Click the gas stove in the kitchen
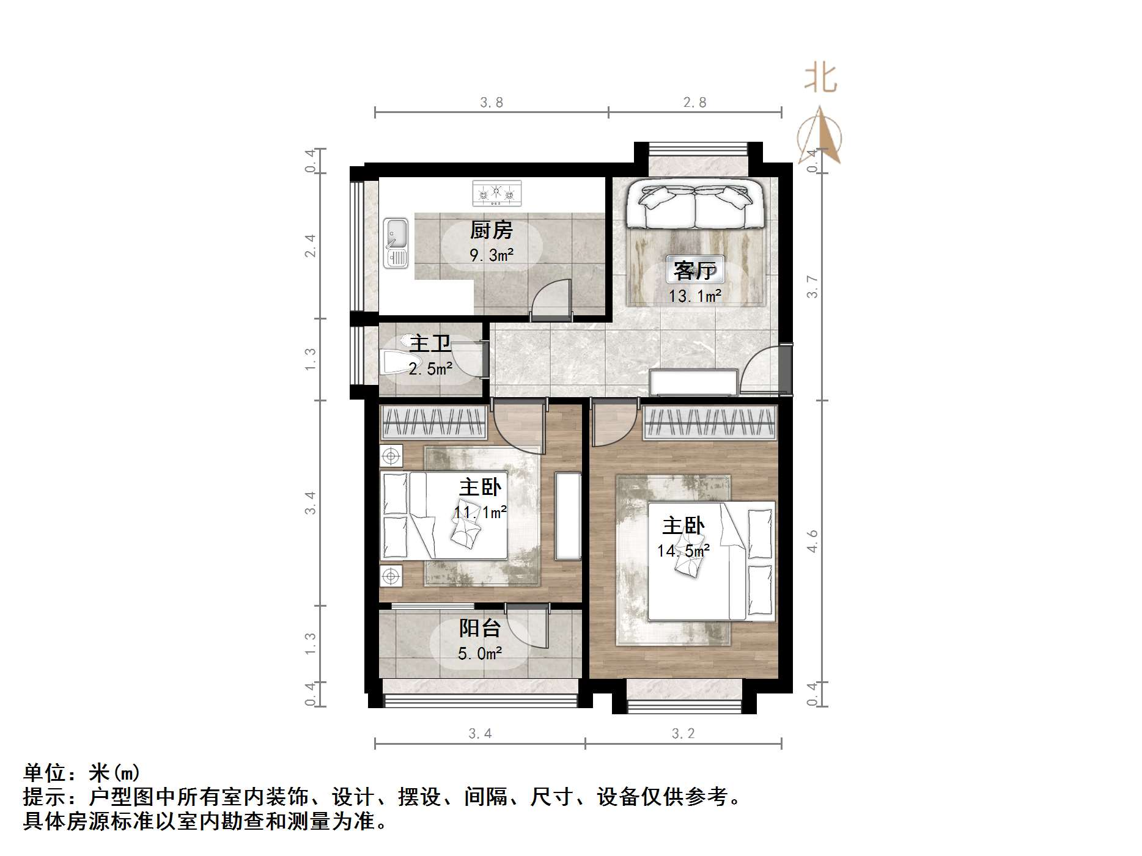[x=496, y=193]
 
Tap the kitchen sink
[x=396, y=243]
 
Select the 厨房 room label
[x=491, y=230]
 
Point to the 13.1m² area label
[x=695, y=297]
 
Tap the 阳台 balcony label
[x=480, y=629]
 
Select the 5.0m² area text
[x=480, y=654]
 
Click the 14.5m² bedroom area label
[x=683, y=551]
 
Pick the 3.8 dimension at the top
[x=492, y=103]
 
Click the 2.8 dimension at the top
[x=695, y=103]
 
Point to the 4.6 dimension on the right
[x=812, y=541]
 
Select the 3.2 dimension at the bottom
[x=683, y=734]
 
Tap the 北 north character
[x=820, y=79]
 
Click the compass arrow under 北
[x=820, y=136]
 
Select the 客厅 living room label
[x=694, y=270]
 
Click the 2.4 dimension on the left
[x=311, y=246]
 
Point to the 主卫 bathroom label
[x=430, y=343]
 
